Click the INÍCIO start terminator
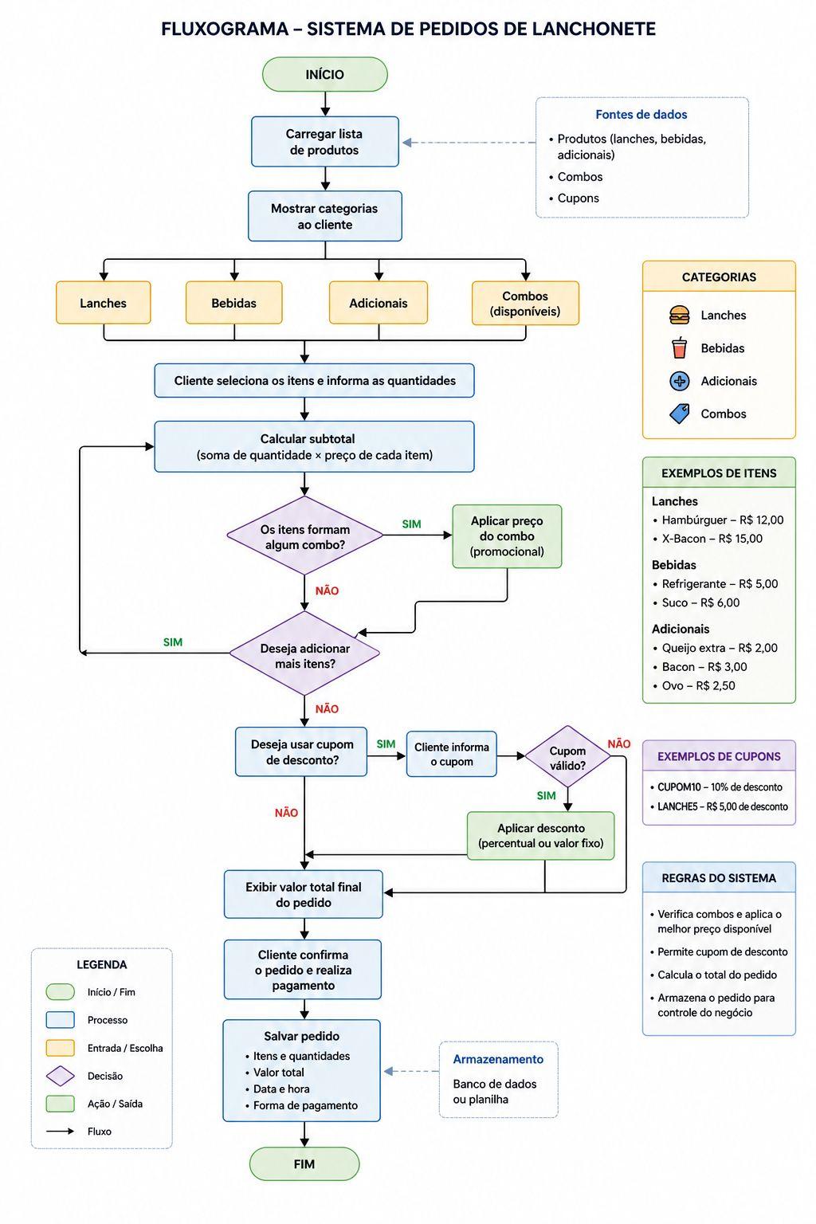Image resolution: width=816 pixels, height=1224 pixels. (x=324, y=74)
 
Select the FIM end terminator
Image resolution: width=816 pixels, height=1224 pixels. (x=304, y=1164)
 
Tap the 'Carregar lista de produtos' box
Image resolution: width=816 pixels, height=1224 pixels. (x=324, y=142)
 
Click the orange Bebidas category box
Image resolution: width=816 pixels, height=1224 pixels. (x=234, y=303)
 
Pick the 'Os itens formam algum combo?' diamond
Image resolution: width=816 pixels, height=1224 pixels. (x=305, y=535)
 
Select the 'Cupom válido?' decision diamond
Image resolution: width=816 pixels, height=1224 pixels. (x=567, y=756)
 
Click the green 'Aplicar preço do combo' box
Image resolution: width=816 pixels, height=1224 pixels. (x=507, y=536)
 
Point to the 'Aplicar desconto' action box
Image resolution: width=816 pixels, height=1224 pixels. (x=541, y=835)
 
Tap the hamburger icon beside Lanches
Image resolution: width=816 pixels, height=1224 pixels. (x=680, y=316)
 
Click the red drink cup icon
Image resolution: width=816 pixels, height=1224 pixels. (x=680, y=347)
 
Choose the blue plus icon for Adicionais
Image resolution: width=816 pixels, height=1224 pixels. (x=680, y=381)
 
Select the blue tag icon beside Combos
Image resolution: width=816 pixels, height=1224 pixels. (x=680, y=414)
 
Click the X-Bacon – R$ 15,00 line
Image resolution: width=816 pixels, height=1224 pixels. (x=712, y=539)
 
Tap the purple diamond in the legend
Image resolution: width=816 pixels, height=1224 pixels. (x=61, y=1076)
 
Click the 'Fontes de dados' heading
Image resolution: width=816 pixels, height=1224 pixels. (x=641, y=115)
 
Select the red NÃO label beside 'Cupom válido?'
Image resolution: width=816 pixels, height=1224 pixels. (x=618, y=743)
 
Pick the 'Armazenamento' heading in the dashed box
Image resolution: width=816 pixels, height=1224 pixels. (x=498, y=1059)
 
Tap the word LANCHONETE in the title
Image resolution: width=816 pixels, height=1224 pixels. (x=594, y=29)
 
